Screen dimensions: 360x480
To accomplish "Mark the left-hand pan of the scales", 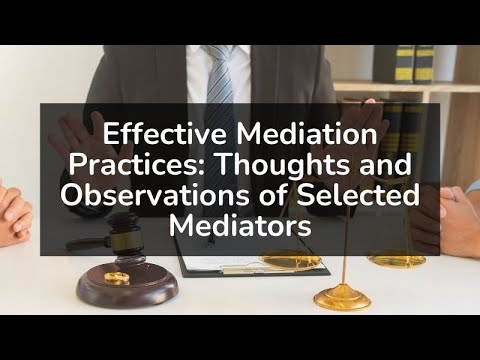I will tap(291, 262).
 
